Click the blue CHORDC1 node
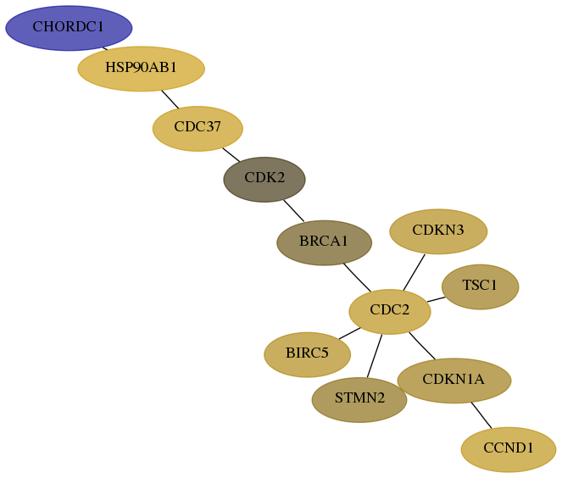(x=69, y=28)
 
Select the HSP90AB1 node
(x=142, y=69)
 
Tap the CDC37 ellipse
(x=198, y=129)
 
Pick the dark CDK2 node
(x=264, y=180)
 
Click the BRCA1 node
(x=325, y=243)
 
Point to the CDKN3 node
(x=438, y=231)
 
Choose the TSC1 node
(x=481, y=287)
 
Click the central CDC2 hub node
(x=390, y=312)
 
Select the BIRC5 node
(x=308, y=355)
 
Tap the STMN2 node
(x=359, y=400)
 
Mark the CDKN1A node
(x=454, y=381)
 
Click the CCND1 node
(x=509, y=449)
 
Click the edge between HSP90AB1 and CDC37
(x=170, y=99)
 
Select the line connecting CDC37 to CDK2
(x=231, y=155)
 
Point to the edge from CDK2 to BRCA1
(x=294, y=211)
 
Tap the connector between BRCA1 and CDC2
(x=358, y=278)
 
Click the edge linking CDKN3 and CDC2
(x=414, y=273)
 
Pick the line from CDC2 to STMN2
(x=375, y=356)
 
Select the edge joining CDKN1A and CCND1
(x=481, y=415)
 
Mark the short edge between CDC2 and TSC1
(x=437, y=299)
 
